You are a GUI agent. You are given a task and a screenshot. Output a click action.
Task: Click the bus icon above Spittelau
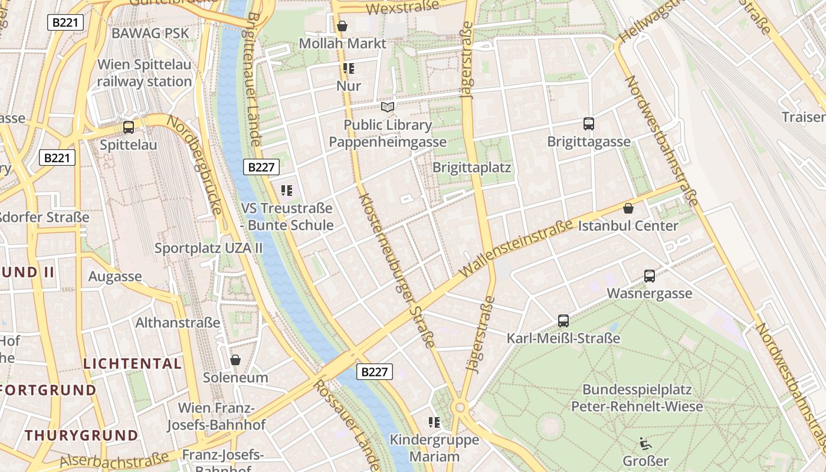point(128,127)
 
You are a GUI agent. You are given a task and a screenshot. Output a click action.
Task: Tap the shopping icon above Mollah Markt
point(342,26)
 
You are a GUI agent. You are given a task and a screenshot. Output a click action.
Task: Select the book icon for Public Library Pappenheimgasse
point(388,107)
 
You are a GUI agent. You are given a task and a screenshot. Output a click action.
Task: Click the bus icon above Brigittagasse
point(588,124)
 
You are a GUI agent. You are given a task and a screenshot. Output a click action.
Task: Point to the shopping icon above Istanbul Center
point(628,208)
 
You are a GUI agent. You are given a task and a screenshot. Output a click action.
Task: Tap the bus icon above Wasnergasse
point(650,276)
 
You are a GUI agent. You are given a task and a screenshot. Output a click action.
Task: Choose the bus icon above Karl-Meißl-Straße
point(563,321)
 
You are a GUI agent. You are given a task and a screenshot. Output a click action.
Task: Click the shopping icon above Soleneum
point(235,360)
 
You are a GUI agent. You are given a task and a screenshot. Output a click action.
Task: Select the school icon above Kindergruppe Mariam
point(434,422)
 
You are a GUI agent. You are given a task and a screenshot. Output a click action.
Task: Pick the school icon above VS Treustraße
point(287,191)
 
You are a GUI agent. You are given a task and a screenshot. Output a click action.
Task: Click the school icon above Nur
point(349,68)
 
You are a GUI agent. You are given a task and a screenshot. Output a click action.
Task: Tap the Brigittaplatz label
point(471,167)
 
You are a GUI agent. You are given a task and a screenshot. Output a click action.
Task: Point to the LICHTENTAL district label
point(133,363)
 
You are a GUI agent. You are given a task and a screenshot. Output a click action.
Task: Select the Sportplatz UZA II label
point(208,248)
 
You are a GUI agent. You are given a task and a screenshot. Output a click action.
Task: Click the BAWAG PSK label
point(150,33)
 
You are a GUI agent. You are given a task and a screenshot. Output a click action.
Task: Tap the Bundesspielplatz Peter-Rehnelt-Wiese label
point(637,398)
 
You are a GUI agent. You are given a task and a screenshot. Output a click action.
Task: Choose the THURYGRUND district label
point(81,435)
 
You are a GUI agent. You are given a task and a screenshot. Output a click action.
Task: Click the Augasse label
point(115,276)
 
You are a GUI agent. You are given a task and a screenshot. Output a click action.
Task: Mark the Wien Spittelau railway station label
point(145,73)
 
